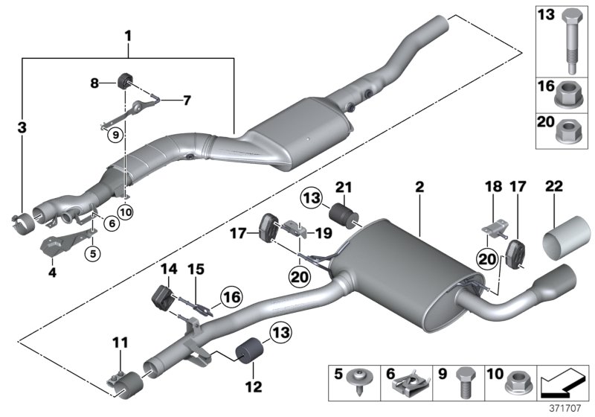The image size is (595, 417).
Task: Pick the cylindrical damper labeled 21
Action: [x=344, y=212]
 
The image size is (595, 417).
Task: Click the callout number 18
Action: [x=489, y=190]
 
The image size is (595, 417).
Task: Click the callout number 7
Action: [x=187, y=99]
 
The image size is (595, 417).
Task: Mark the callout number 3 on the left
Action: [x=22, y=130]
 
